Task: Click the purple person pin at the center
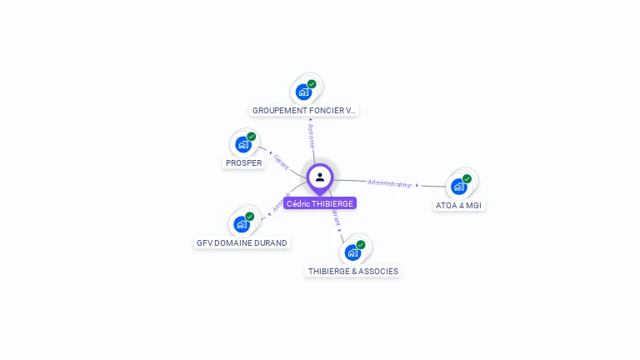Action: click(320, 177)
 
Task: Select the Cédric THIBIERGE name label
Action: click(320, 203)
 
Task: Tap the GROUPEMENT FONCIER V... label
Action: click(304, 110)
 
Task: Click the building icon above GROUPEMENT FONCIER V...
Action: click(303, 92)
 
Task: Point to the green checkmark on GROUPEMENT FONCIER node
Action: click(312, 84)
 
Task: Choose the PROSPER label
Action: click(244, 163)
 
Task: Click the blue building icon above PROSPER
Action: click(242, 144)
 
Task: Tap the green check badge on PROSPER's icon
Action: click(251, 137)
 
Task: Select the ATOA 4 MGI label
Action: click(459, 205)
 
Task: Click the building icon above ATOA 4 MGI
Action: click(458, 187)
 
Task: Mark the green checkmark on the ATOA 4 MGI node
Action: click(467, 178)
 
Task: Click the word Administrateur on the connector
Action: click(390, 182)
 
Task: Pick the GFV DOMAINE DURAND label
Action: click(242, 243)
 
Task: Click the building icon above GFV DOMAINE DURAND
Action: click(241, 224)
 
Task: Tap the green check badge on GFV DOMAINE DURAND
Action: click(249, 217)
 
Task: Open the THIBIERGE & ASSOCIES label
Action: click(353, 271)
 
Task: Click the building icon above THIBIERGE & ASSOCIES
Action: click(352, 252)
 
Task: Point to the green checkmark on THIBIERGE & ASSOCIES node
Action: click(361, 245)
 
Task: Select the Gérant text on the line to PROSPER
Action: click(281, 162)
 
